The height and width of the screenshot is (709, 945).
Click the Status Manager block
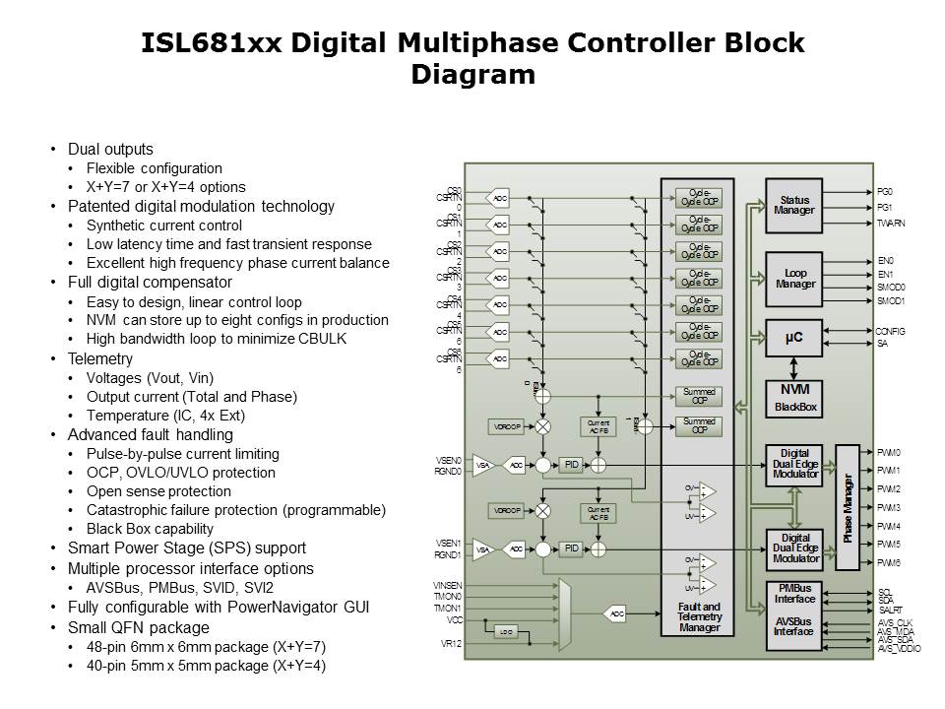click(793, 206)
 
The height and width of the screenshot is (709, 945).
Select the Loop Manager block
click(793, 278)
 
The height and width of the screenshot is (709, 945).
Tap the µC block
click(793, 337)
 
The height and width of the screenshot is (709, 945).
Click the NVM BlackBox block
click(793, 397)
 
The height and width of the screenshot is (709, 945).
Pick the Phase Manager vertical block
click(848, 507)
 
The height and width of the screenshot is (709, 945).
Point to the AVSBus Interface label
click(794, 626)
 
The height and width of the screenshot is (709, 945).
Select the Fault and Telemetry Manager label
click(698, 617)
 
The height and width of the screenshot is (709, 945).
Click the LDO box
click(506, 631)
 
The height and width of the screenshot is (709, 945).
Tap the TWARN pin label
click(891, 224)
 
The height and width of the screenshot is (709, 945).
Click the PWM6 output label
click(889, 562)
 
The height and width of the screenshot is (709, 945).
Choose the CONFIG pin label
click(891, 331)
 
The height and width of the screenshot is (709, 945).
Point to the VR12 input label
click(451, 644)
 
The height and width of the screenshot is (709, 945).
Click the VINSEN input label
click(447, 585)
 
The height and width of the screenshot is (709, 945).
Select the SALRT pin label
click(890, 611)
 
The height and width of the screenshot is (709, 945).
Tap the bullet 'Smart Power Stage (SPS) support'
click(186, 548)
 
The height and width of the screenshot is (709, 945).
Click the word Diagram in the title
click(472, 75)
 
